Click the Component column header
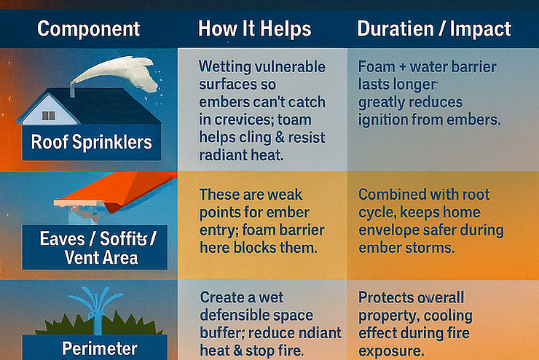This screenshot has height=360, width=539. click(x=88, y=29)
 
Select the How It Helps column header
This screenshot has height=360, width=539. click(x=254, y=29)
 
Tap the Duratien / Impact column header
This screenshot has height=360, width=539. click(x=434, y=29)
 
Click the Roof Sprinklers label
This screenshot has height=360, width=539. click(x=92, y=141)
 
